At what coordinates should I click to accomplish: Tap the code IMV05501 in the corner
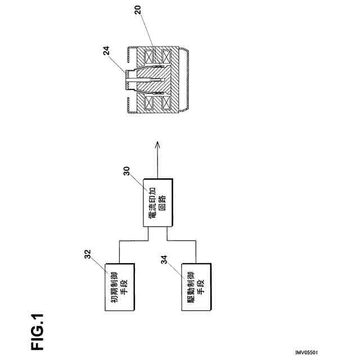(306, 353)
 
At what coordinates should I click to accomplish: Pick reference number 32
(88, 254)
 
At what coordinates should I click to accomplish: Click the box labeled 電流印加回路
(158, 203)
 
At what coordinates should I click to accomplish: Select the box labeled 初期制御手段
(120, 286)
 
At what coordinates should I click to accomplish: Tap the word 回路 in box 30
(163, 203)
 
